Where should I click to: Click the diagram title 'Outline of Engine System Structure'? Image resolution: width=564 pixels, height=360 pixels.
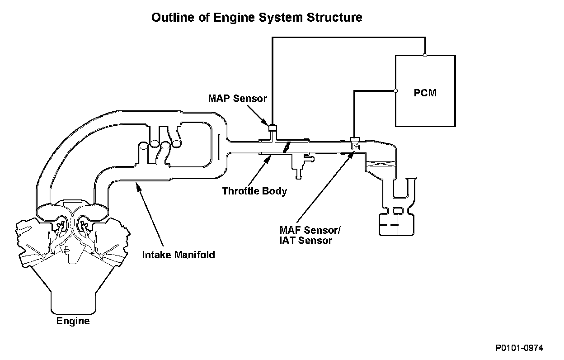point(257,18)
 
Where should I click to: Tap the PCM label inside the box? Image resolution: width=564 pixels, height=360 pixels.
point(425,93)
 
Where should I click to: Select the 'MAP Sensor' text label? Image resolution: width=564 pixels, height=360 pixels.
point(237,98)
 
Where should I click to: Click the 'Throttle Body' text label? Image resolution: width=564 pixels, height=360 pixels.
point(254,191)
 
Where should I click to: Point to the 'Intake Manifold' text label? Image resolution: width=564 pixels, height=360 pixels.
point(179,255)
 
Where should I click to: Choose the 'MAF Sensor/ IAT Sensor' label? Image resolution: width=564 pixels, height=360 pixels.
point(310,235)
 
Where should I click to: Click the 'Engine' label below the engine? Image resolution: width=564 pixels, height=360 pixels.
point(73,321)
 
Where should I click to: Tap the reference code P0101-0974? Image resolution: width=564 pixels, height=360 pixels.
point(519,348)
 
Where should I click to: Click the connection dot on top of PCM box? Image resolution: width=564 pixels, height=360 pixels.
point(425,55)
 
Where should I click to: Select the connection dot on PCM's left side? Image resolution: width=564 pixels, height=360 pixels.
point(395,91)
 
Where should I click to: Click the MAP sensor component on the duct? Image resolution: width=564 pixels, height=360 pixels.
point(273,128)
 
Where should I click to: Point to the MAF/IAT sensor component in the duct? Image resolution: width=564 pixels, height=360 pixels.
point(355,144)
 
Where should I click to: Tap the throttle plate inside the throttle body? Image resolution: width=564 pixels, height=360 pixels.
point(287,147)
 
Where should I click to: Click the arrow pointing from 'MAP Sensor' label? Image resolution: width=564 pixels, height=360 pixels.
point(257,115)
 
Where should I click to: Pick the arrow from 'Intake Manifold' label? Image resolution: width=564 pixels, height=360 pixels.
point(150,214)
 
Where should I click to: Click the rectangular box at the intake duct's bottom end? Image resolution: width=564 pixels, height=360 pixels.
point(396,224)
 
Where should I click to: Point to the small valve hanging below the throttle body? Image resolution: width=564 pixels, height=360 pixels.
point(301,165)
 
